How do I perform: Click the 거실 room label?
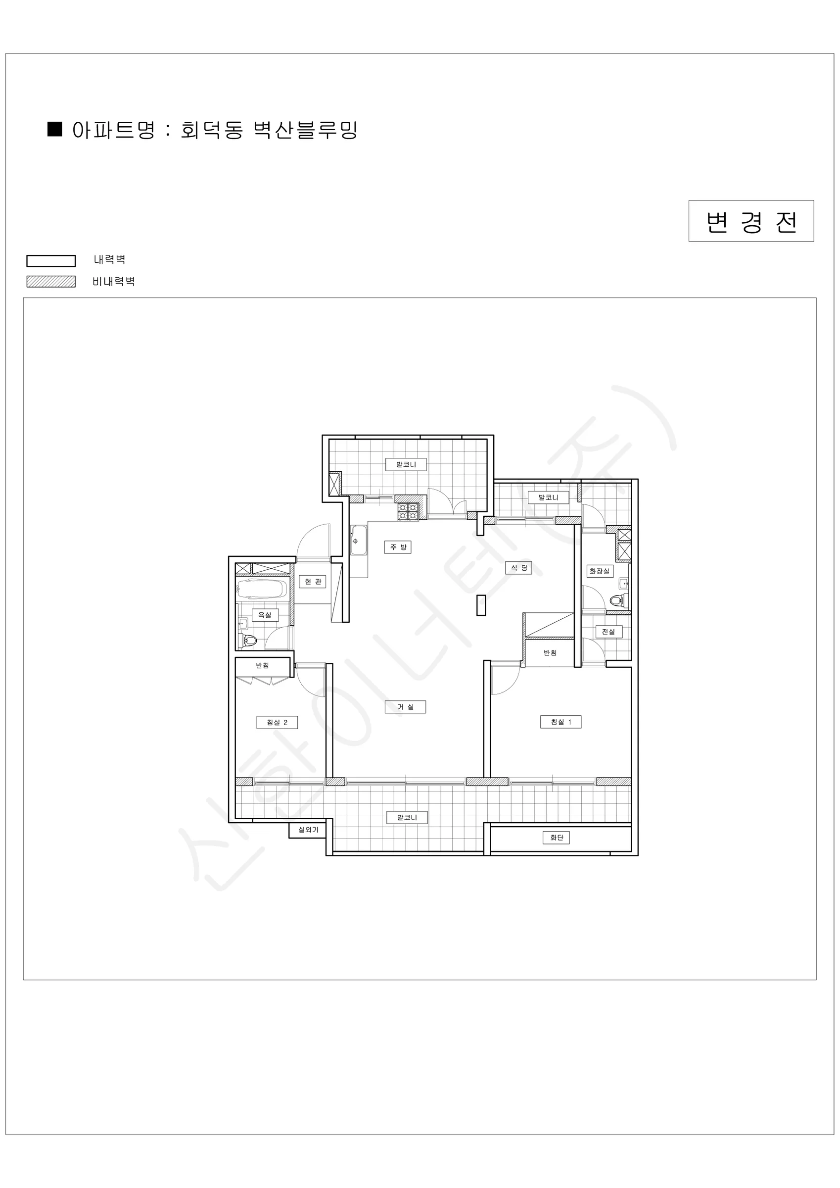[406, 707]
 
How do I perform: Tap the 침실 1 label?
[560, 722]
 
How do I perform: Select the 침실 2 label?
[277, 722]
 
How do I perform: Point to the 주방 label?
[398, 547]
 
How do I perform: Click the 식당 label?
[519, 568]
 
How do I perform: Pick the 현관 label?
[313, 582]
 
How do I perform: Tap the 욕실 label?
[265, 615]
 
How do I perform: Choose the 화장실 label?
[600, 571]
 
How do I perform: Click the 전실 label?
[608, 632]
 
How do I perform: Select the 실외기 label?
[308, 830]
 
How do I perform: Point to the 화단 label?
[557, 837]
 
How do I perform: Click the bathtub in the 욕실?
[262, 589]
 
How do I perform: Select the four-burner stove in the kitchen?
[408, 512]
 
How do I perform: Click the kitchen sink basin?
[359, 540]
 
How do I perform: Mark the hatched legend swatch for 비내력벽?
[51, 282]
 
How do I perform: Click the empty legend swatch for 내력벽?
[51, 261]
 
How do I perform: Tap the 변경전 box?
[751, 221]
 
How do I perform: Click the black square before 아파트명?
[55, 129]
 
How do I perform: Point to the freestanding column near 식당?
[481, 605]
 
